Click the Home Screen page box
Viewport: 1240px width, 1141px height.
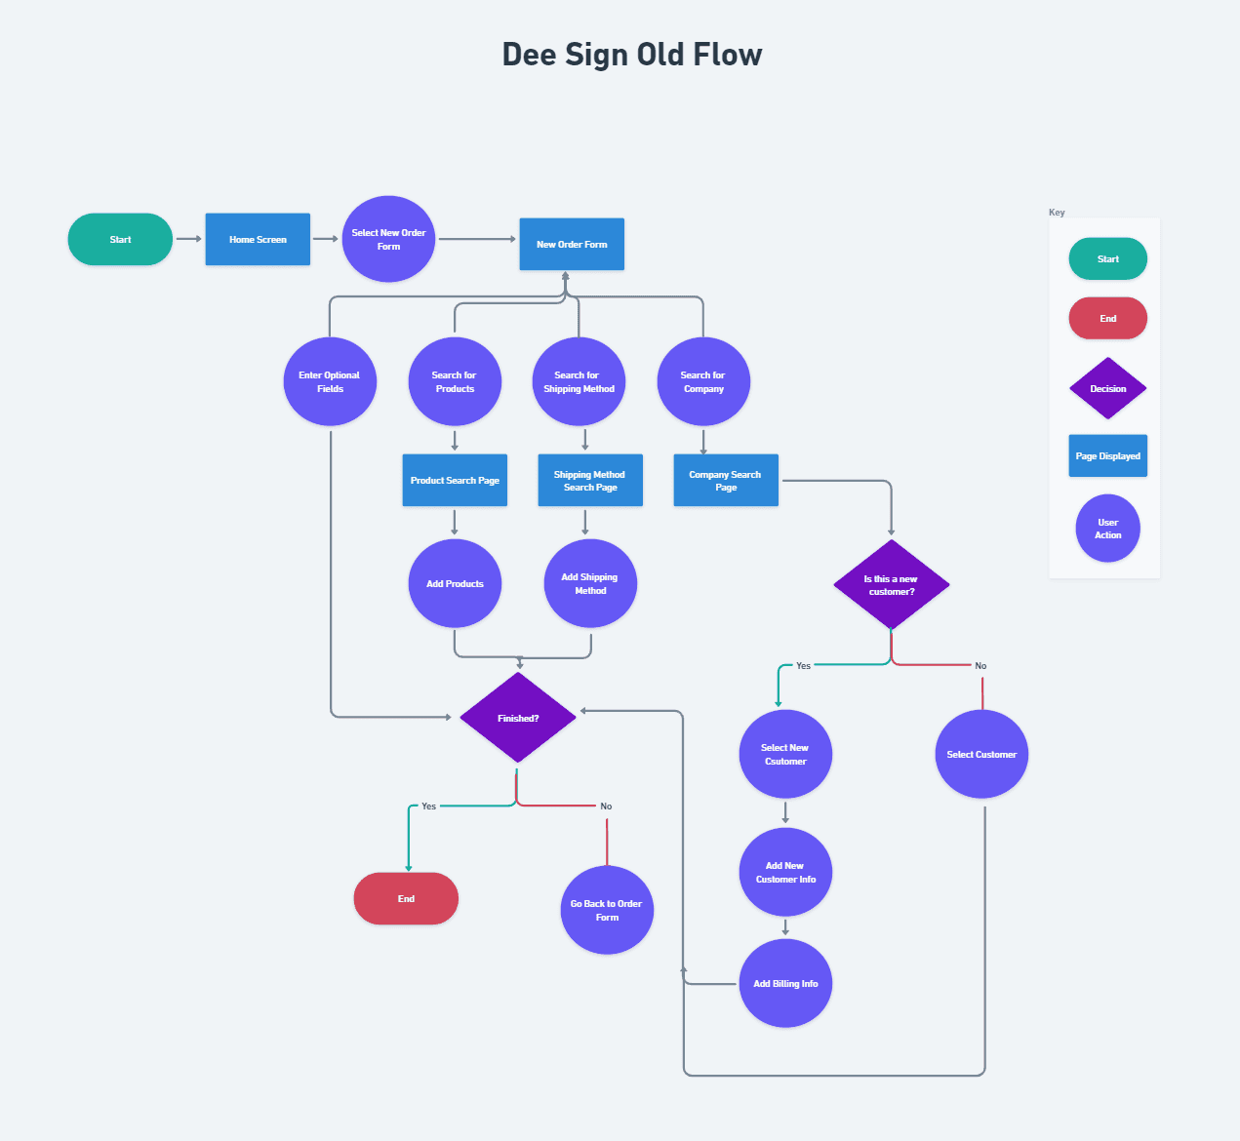click(x=258, y=239)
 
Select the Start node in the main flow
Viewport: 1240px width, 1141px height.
click(x=120, y=239)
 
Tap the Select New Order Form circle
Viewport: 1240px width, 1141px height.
click(x=388, y=239)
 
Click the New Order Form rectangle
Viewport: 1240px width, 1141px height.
click(x=572, y=244)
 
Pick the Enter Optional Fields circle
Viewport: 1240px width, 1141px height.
click(x=330, y=381)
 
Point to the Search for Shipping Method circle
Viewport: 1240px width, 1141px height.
click(x=579, y=381)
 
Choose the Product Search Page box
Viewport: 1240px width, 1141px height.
click(x=455, y=480)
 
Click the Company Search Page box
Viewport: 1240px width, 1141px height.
click(x=726, y=480)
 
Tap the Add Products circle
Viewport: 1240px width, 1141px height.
click(x=455, y=583)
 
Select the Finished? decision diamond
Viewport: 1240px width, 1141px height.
click(x=518, y=718)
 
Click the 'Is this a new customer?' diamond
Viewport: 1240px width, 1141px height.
click(x=891, y=584)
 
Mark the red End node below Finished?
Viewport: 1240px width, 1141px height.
click(x=406, y=898)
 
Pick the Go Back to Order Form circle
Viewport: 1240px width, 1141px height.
click(x=607, y=910)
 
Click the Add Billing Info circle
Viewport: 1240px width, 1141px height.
click(x=785, y=983)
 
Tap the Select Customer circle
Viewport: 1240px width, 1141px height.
click(x=981, y=754)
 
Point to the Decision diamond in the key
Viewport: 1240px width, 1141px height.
click(x=1107, y=388)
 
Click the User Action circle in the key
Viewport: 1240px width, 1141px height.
click(x=1107, y=529)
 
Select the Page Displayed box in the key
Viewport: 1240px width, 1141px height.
click(x=1107, y=455)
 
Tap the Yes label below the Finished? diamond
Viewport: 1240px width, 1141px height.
click(x=428, y=807)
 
